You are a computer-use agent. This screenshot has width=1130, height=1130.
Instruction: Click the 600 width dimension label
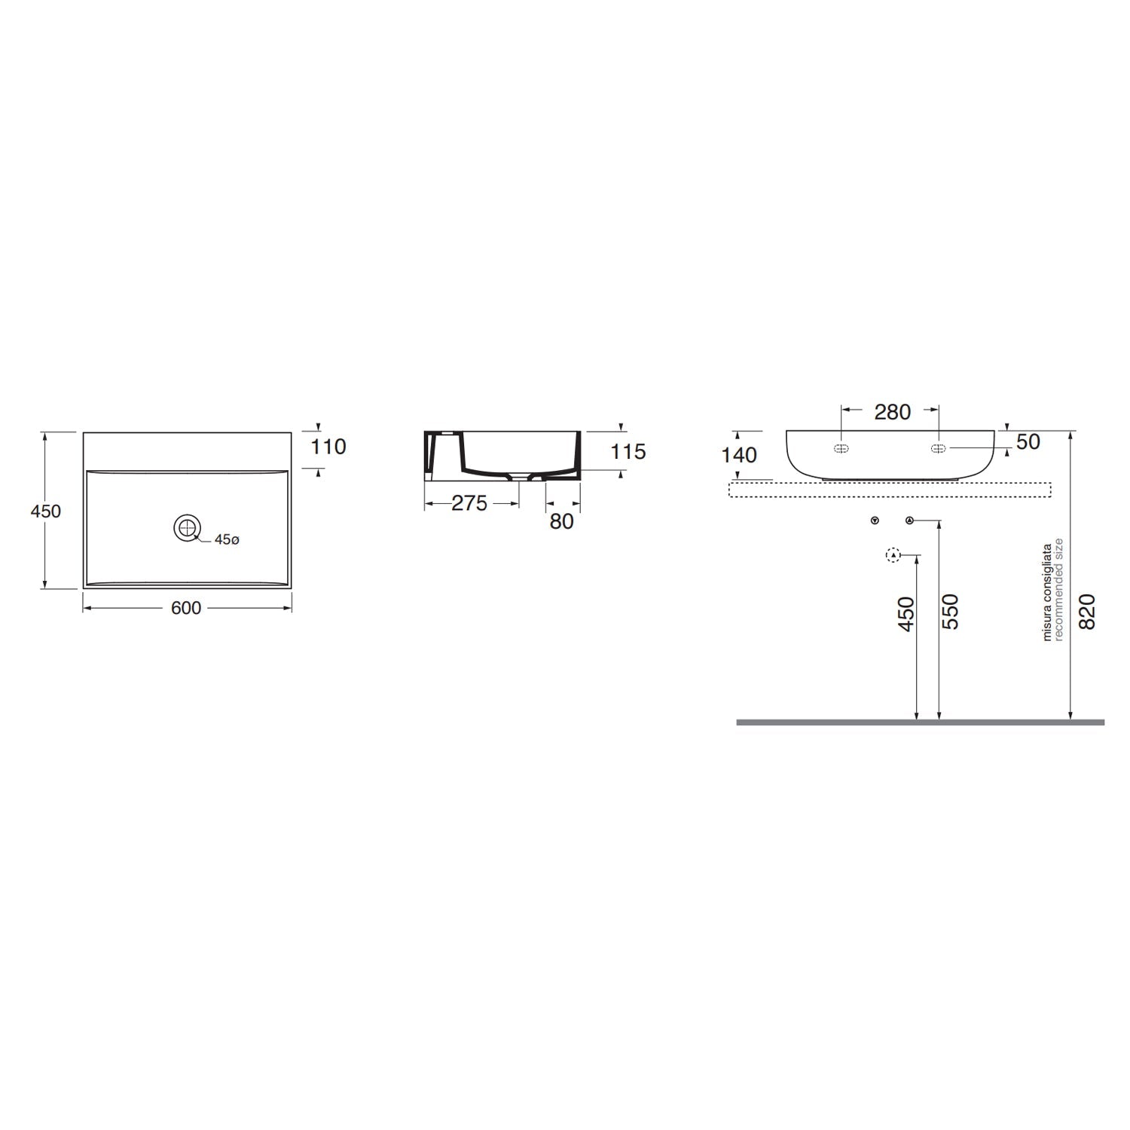(185, 608)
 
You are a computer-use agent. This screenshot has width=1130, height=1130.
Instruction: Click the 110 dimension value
(328, 447)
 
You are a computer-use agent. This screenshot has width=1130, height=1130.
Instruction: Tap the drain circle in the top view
(187, 527)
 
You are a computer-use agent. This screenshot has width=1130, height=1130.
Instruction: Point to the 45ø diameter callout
(227, 539)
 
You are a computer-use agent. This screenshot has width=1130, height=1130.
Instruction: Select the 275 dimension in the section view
(469, 503)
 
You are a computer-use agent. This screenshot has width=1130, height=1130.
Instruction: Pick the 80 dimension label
(561, 521)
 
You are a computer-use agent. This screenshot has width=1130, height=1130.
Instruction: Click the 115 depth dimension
(628, 451)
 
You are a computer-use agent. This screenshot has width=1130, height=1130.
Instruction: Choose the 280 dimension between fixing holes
(892, 411)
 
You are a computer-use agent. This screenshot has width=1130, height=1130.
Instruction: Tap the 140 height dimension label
(739, 454)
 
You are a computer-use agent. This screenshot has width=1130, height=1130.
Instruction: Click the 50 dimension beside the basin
(1028, 441)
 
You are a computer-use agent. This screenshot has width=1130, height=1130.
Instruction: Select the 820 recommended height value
(1086, 612)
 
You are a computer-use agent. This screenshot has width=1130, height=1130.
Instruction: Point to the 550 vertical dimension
(951, 612)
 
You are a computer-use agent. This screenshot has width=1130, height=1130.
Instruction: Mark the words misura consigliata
(1046, 592)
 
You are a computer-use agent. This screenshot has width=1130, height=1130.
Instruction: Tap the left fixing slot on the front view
(841, 448)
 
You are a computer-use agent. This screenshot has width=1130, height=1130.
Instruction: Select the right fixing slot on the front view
(938, 448)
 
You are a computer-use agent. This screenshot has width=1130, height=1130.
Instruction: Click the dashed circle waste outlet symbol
(893, 555)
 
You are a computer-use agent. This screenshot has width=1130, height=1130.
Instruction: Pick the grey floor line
(919, 722)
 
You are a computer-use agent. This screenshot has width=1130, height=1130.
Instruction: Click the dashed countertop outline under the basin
(889, 490)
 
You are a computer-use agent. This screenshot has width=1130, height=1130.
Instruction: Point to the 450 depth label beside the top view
(45, 511)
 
